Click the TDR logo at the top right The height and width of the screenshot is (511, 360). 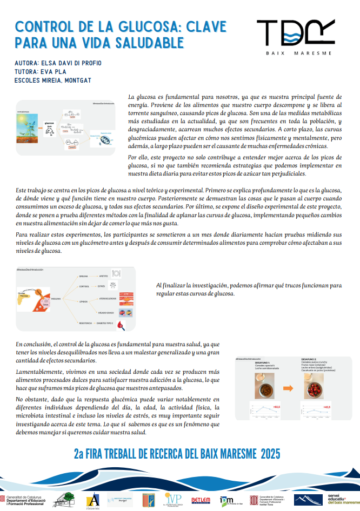[297, 34]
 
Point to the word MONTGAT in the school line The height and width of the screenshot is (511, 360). [78, 80]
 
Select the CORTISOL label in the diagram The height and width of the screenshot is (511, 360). [84, 287]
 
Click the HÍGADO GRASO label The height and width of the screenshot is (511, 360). [106, 313]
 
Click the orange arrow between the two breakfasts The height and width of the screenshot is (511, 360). [287, 387]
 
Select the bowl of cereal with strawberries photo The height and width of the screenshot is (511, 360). [319, 387]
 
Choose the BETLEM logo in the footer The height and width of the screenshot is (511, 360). [201, 500]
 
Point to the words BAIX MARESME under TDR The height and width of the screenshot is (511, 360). [296, 53]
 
